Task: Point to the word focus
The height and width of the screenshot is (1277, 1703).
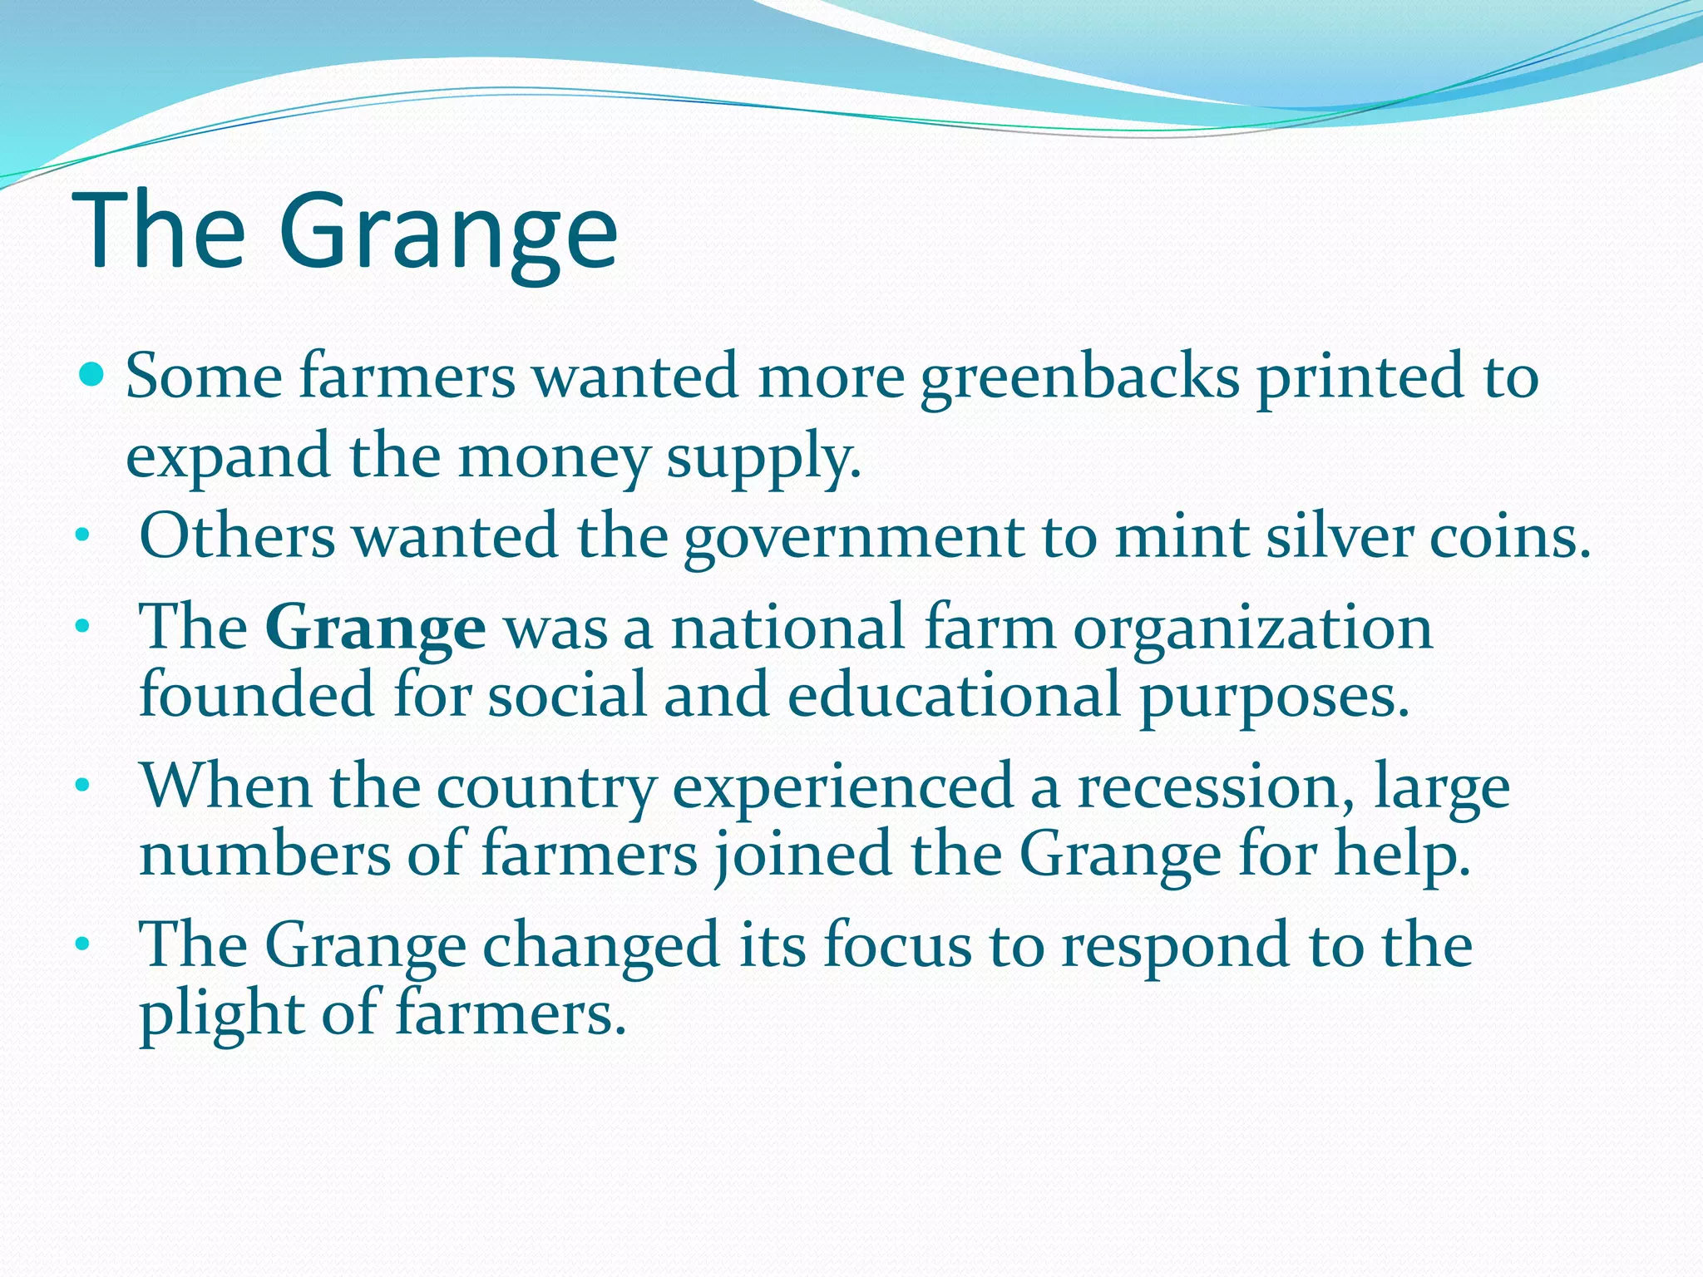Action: [x=897, y=945]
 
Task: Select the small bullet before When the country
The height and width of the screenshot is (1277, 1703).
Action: [x=81, y=785]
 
